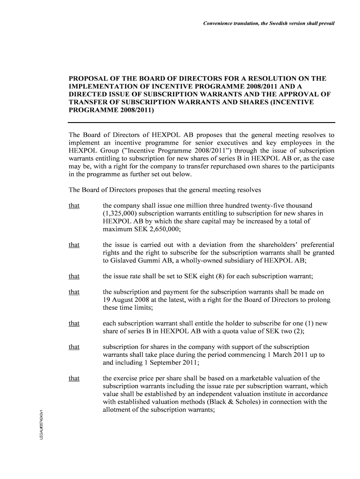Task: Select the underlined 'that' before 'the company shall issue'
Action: click(74, 206)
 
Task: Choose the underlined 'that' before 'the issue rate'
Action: click(74, 276)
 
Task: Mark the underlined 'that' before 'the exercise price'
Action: click(74, 378)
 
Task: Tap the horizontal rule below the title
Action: click(202, 123)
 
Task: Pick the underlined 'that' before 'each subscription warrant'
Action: click(74, 323)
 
